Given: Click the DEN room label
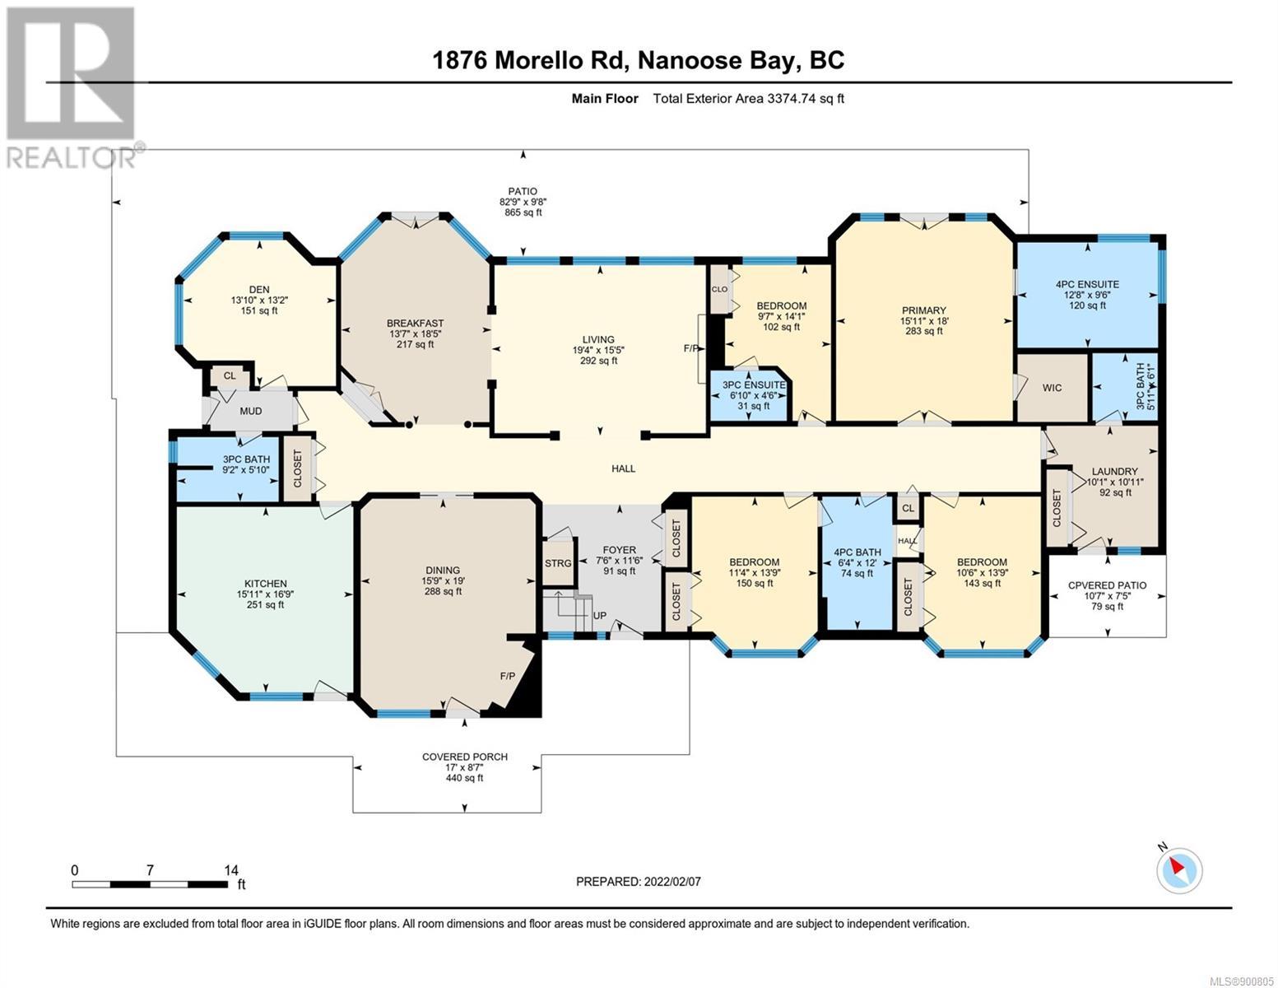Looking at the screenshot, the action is (x=258, y=290).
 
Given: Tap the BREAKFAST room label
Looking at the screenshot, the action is (x=415, y=323).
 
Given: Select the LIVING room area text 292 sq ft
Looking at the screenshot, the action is (x=599, y=361).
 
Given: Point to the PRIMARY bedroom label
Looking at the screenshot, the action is (x=924, y=310).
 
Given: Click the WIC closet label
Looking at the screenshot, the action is (x=1052, y=388).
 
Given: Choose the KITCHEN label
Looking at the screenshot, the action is (x=265, y=583).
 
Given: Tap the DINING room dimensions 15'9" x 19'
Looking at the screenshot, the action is (x=443, y=580).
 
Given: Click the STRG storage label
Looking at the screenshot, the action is (x=558, y=563).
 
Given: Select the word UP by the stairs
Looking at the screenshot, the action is (x=599, y=616).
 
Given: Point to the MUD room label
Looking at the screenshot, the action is (x=250, y=411).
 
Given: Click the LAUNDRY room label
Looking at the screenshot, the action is (x=1114, y=471).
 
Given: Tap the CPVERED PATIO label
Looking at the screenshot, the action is (x=1107, y=585).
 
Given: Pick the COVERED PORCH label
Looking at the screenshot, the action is (x=465, y=757).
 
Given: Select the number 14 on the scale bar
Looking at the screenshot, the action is (x=231, y=869).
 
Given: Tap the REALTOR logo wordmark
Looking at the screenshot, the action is (x=72, y=158).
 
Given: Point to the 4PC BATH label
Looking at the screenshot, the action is (x=857, y=552).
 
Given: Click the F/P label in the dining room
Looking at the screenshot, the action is (x=507, y=676).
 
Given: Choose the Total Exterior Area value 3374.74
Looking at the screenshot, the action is (x=791, y=98).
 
